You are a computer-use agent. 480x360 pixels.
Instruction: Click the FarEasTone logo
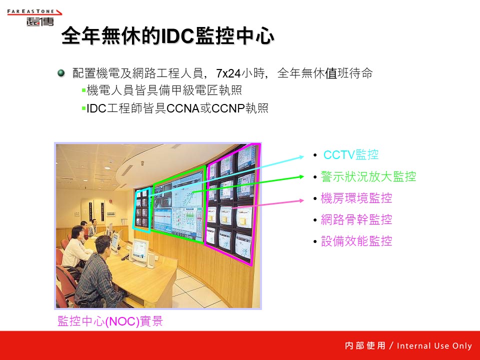tap(34, 17)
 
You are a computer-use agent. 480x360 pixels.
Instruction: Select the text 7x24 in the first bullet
tap(228, 73)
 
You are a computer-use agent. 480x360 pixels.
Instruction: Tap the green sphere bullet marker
tap(61, 73)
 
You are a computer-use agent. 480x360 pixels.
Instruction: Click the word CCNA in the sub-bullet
tap(183, 108)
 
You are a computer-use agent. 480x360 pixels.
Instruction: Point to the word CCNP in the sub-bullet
tap(228, 108)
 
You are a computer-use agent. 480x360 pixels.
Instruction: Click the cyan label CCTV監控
tap(351, 155)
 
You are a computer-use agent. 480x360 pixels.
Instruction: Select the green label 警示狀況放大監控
tap(368, 176)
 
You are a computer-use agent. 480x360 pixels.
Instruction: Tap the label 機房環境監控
tap(356, 198)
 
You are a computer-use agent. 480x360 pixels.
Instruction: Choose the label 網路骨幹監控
tap(356, 220)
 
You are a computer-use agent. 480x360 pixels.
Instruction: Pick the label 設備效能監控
tap(356, 241)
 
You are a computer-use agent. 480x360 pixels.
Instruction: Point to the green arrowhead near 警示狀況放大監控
tap(301, 176)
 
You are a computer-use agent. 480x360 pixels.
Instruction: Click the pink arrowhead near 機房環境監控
tap(301, 200)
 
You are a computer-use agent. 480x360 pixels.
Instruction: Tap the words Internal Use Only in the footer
tap(434, 346)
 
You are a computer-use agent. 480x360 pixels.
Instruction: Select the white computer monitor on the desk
tap(141, 249)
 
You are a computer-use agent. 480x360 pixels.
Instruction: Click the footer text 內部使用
tap(365, 346)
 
